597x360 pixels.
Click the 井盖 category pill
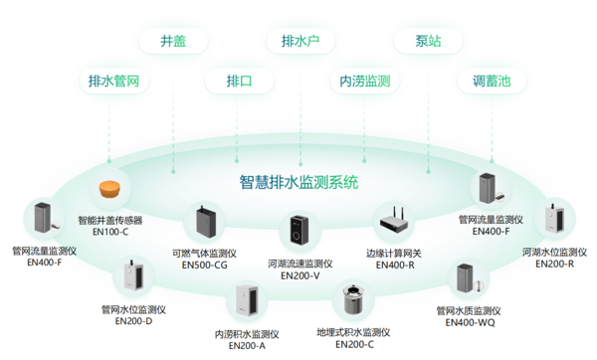[172, 41]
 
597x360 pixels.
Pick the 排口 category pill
[239, 81]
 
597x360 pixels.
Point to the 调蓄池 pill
[492, 81]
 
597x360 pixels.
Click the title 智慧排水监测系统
[299, 183]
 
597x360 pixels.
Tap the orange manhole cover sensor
[110, 189]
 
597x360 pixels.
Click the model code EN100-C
[110, 232]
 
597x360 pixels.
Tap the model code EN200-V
[301, 275]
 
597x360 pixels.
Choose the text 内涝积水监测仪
[247, 334]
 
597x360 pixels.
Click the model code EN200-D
[134, 320]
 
